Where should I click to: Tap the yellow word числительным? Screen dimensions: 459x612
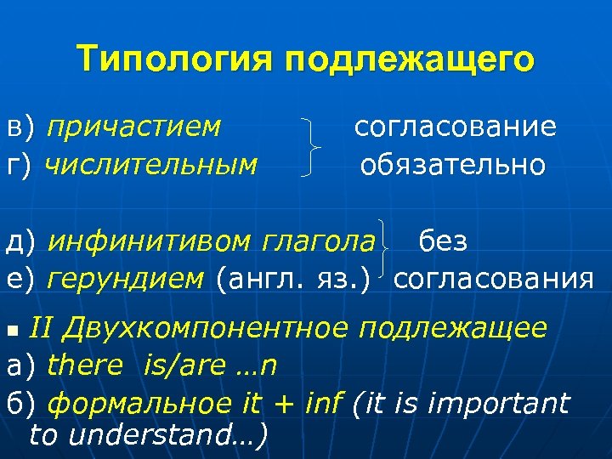coord(152,163)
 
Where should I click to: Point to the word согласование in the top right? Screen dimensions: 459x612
coord(456,127)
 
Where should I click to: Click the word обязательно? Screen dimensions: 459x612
coord(453,163)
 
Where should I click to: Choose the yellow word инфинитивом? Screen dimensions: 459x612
coord(150,242)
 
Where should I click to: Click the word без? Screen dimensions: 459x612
coord(442,241)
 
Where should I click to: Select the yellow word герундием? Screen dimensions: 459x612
coord(127,278)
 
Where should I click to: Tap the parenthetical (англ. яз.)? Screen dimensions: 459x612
coord(295,278)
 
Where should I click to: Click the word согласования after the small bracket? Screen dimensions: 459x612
coord(494,278)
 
